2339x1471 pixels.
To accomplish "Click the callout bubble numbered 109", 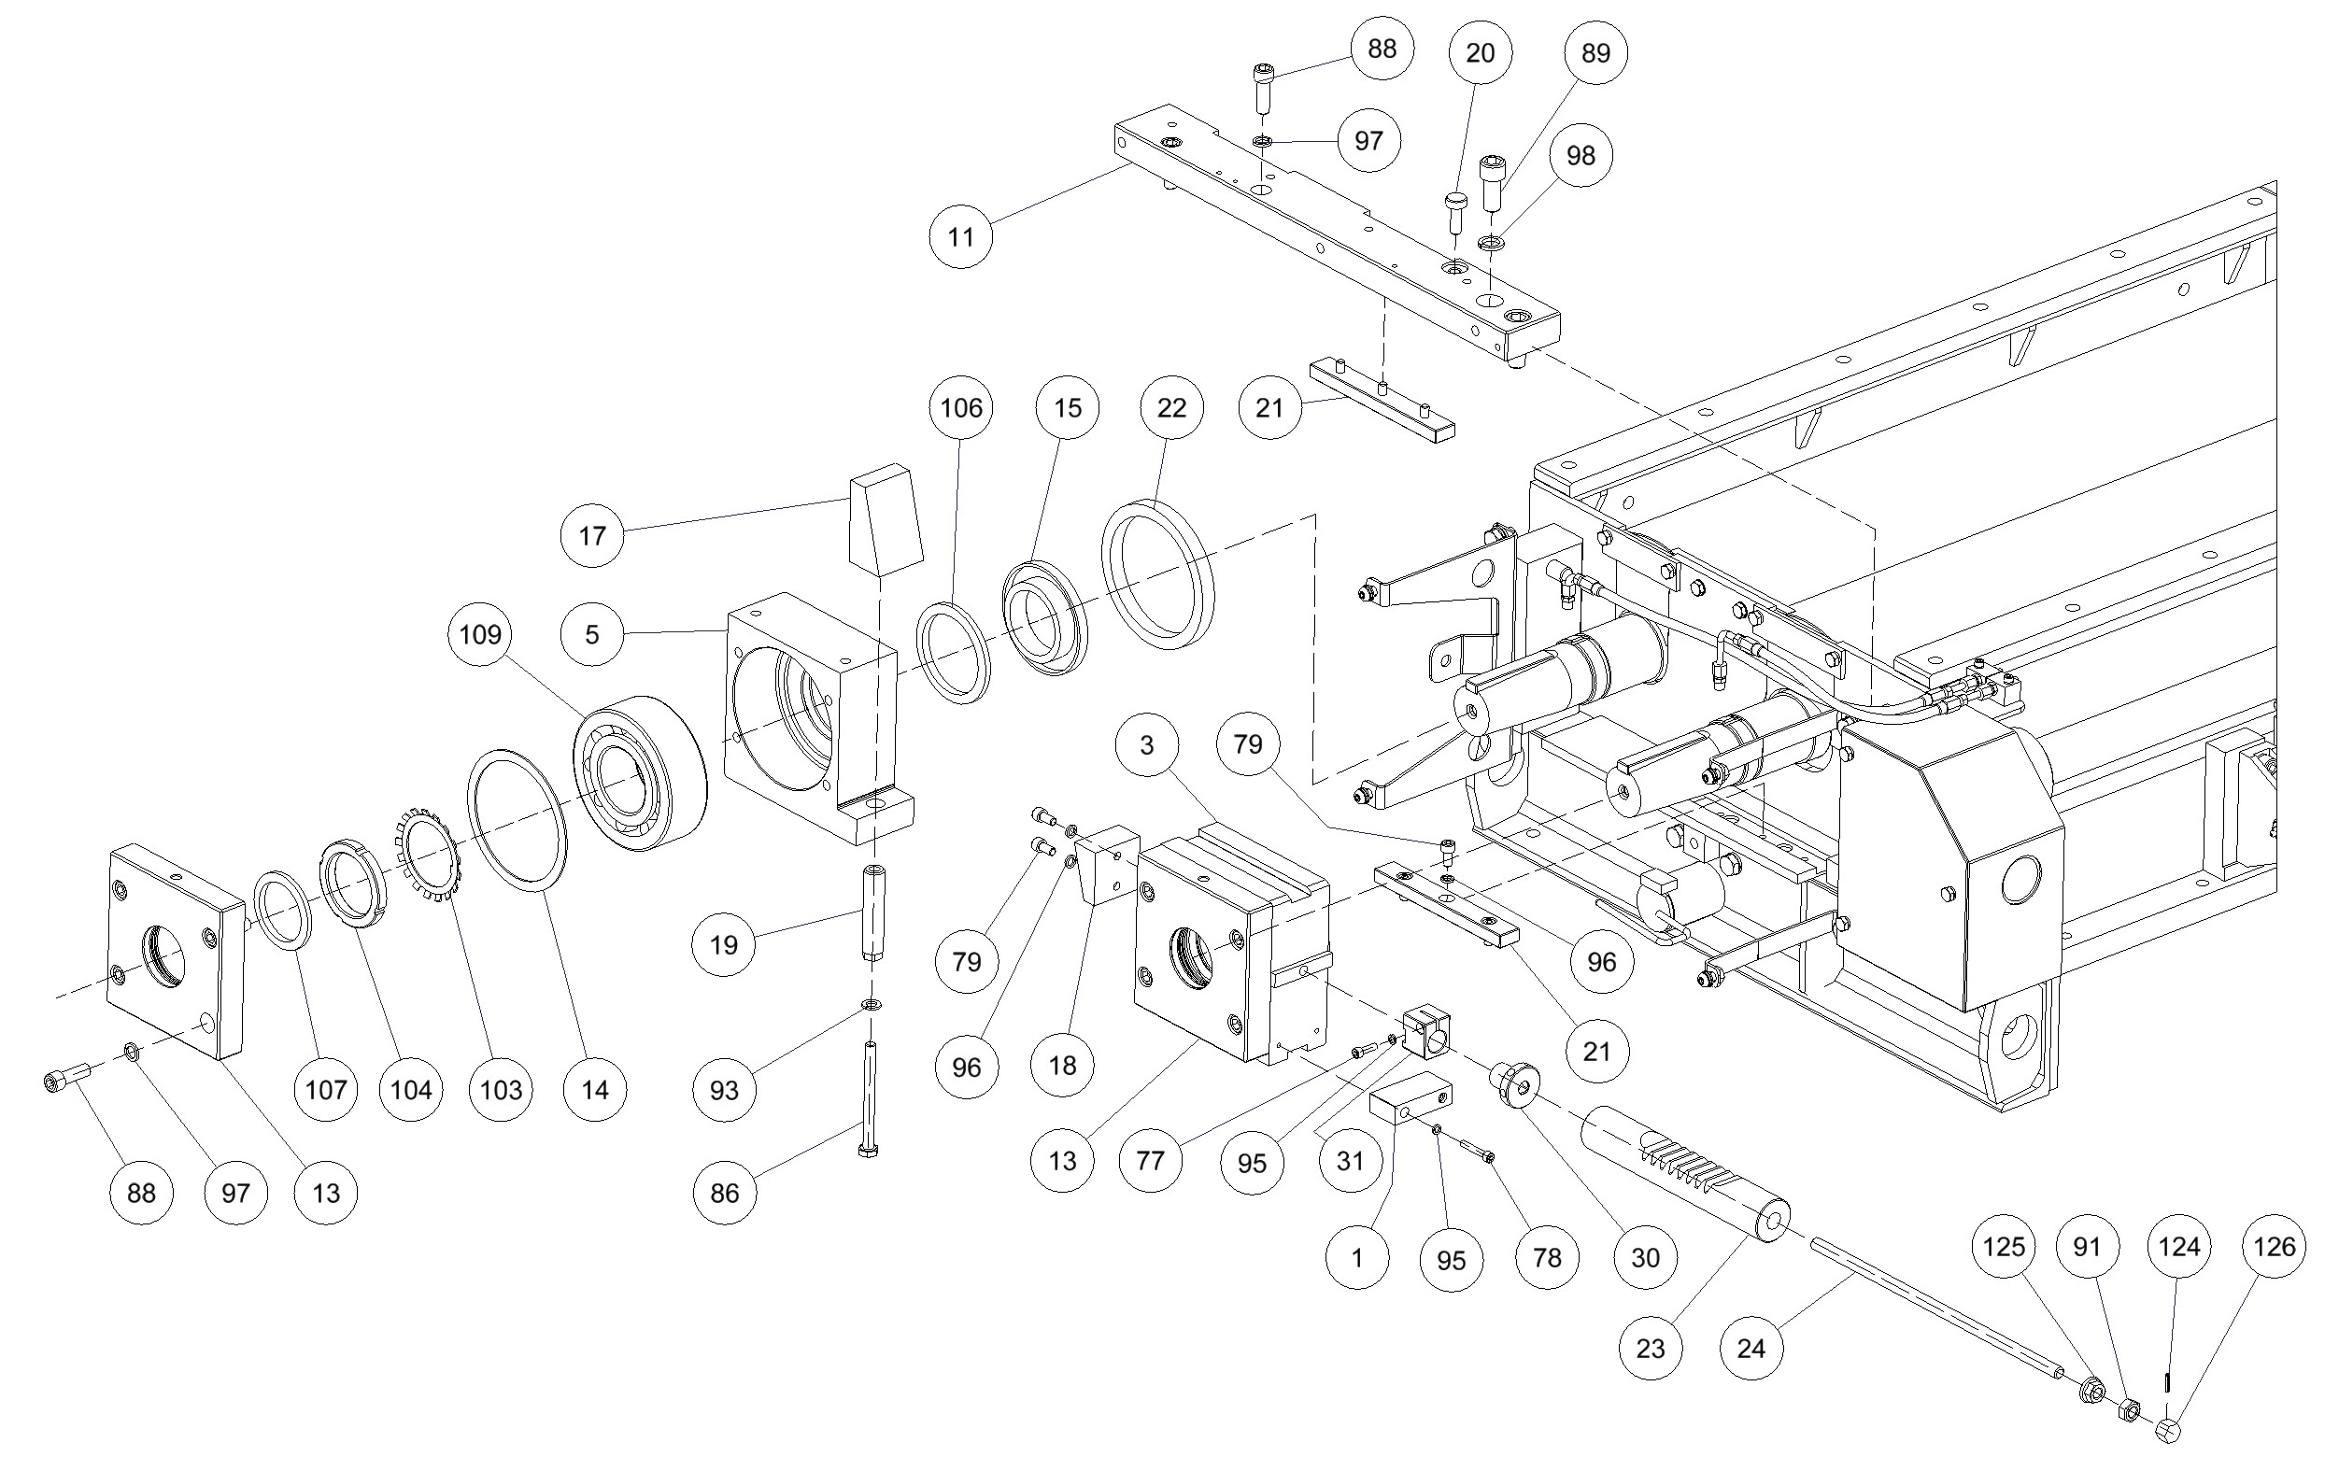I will click(480, 634).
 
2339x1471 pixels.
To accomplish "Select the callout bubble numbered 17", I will click(592, 535).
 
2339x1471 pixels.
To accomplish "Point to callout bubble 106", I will click(960, 408).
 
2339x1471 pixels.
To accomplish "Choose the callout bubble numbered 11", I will click(960, 237).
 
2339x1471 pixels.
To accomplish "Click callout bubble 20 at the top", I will click(1480, 53).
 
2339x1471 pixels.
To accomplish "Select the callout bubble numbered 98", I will click(1581, 155).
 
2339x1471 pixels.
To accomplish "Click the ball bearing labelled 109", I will click(639, 773).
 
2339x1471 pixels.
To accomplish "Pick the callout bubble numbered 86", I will click(725, 1194).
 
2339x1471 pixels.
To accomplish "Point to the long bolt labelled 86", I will click(869, 1097).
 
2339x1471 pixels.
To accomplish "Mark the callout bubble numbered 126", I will click(2274, 1247).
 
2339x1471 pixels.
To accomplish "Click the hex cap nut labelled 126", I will click(2167, 1431).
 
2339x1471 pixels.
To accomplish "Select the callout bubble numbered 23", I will click(1651, 1349).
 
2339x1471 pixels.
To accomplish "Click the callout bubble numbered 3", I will click(1147, 744).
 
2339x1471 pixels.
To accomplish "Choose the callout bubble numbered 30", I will click(1644, 1258).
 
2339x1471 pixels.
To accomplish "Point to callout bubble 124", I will click(2178, 1247).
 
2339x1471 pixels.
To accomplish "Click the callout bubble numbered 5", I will click(592, 634).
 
